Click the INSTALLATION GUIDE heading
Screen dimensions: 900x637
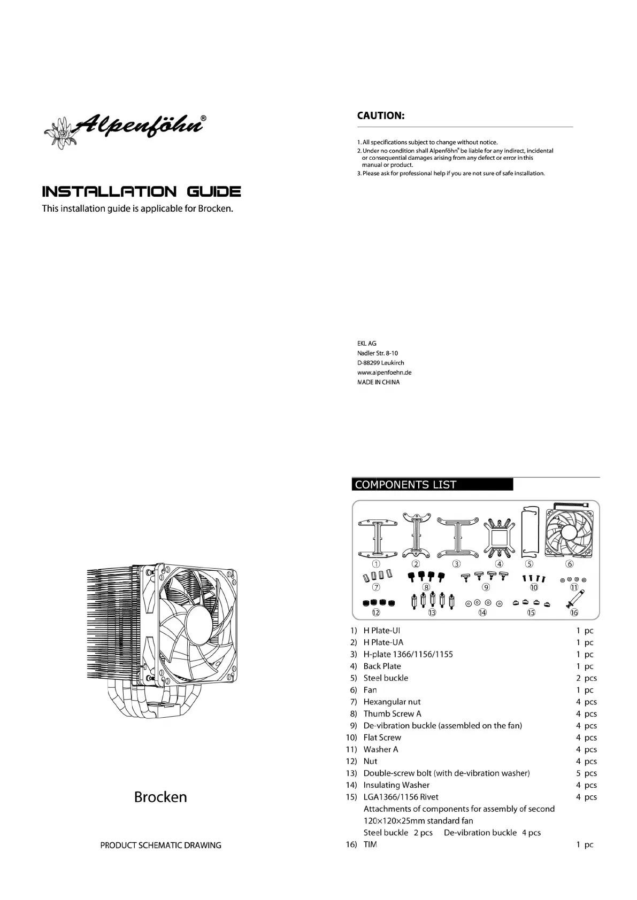[x=141, y=192]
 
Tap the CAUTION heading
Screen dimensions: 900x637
[x=380, y=115]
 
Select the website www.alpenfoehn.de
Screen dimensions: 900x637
[x=384, y=373]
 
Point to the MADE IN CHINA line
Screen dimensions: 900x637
[x=378, y=382]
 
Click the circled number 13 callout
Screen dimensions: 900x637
[x=432, y=612]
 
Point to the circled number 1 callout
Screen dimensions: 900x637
[x=377, y=564]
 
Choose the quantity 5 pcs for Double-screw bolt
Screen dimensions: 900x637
[x=586, y=773]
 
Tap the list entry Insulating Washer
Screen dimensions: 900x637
[x=396, y=785]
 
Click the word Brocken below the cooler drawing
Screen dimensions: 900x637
[x=160, y=797]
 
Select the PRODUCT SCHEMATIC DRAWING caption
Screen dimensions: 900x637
[x=160, y=845]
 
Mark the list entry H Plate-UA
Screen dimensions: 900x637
[x=383, y=642]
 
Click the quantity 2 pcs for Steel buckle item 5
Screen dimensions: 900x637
[x=586, y=678]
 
